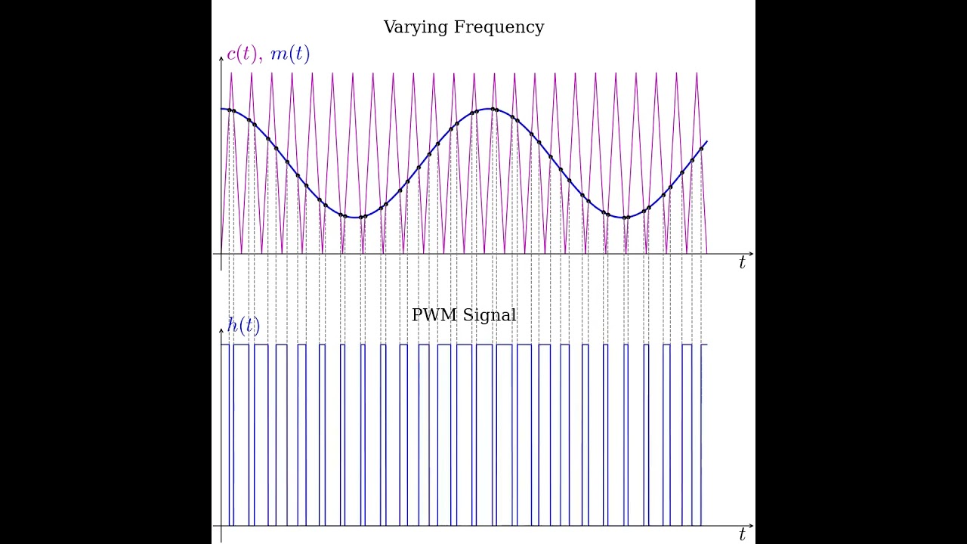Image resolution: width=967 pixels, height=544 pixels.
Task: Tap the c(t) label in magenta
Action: coord(242,54)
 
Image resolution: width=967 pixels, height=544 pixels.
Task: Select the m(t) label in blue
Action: coord(289,54)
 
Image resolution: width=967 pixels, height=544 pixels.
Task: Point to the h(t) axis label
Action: coord(243,326)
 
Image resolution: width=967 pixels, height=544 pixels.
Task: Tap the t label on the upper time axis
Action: coord(742,264)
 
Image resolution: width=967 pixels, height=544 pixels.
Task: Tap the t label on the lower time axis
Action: coord(742,535)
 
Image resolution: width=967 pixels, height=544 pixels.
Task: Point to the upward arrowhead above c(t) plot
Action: coord(221,60)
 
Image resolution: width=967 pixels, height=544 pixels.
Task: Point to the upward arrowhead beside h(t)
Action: coord(221,331)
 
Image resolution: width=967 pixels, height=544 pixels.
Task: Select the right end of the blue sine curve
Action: coord(706,141)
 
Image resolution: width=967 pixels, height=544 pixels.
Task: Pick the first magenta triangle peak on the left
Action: coord(231,73)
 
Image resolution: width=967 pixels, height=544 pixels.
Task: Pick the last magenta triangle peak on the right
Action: coord(697,73)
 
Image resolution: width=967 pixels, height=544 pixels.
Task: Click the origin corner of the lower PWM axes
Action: coord(221,525)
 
